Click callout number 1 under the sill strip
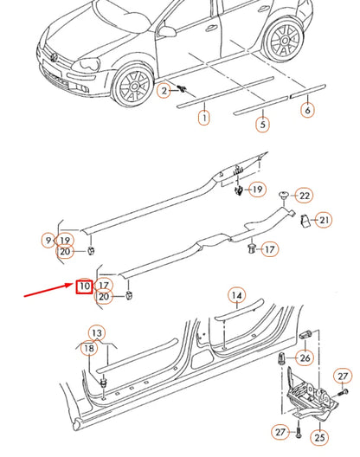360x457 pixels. coord(203,117)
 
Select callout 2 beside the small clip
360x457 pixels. coord(164,90)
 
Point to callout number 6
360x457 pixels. coord(308,110)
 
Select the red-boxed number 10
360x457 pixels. coord(84,285)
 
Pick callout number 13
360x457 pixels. coord(97,333)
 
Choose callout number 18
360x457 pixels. coord(88,348)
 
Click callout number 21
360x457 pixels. coord(322,220)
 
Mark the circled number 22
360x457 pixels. coord(304,196)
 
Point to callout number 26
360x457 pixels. coord(305,357)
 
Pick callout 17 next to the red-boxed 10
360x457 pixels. coord(104,284)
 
